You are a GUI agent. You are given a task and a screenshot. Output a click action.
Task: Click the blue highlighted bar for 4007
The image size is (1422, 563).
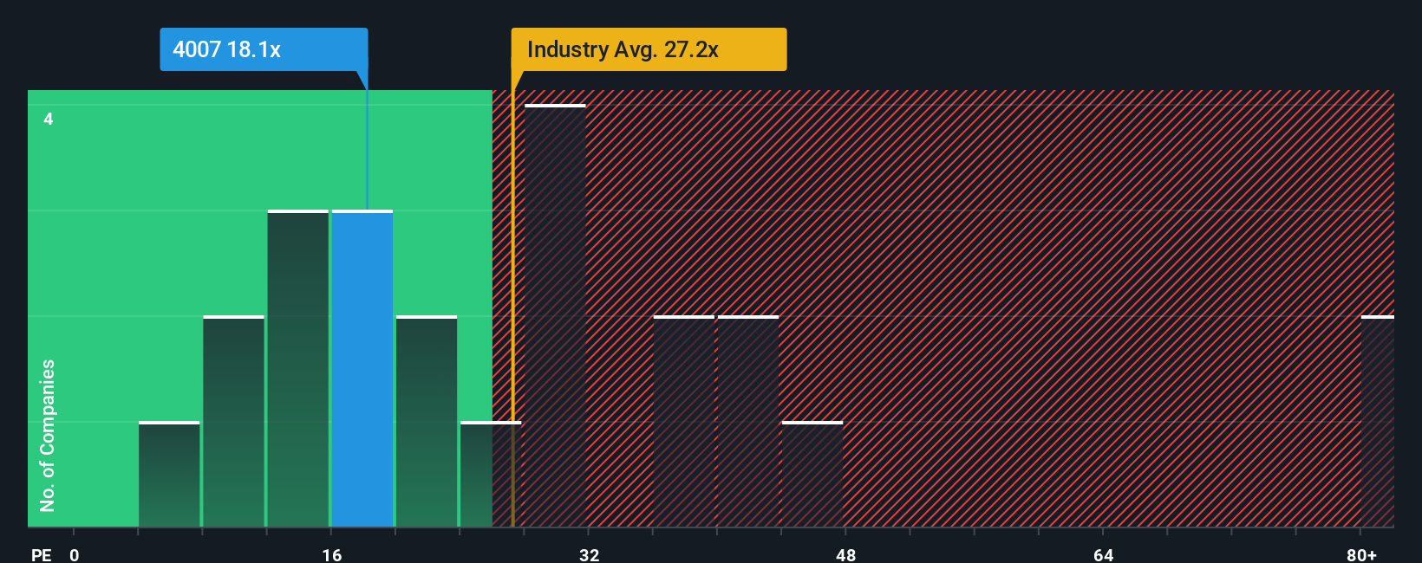click(x=362, y=369)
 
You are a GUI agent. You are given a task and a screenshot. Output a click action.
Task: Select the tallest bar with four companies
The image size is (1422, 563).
click(x=556, y=316)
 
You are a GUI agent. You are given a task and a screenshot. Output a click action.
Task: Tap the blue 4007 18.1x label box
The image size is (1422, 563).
click(x=264, y=49)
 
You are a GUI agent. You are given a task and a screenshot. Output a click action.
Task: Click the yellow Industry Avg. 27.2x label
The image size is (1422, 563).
click(x=649, y=49)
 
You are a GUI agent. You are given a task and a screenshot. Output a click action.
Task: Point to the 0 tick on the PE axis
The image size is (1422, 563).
click(x=75, y=554)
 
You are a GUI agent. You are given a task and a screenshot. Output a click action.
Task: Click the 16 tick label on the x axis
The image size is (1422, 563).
click(x=332, y=554)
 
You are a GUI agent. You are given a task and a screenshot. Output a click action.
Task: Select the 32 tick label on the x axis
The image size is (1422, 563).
click(x=590, y=554)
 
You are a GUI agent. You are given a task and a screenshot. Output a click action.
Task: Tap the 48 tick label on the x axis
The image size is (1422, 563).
click(x=846, y=554)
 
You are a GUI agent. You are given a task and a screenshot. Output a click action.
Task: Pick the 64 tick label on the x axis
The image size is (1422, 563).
click(x=1103, y=554)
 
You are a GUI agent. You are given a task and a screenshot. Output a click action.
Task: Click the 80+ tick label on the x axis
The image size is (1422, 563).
click(x=1361, y=554)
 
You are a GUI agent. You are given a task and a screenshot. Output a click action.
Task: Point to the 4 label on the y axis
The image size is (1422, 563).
click(x=49, y=119)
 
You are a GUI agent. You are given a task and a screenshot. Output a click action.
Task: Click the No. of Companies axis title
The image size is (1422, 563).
click(x=48, y=435)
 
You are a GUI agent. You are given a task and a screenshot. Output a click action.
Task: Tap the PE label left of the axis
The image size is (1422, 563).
click(x=41, y=554)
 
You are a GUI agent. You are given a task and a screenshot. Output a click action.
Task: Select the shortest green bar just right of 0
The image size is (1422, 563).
click(x=169, y=475)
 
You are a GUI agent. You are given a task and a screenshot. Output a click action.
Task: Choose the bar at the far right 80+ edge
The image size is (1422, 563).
click(x=1378, y=422)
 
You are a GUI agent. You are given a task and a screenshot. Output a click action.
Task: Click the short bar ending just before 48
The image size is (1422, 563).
click(x=812, y=475)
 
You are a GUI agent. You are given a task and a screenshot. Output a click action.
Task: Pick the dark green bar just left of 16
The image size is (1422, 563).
click(x=298, y=369)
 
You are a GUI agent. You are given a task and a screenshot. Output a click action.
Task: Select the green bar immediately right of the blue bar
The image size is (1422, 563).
click(x=427, y=422)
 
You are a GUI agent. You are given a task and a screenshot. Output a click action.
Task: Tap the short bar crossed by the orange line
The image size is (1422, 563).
click(x=491, y=475)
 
